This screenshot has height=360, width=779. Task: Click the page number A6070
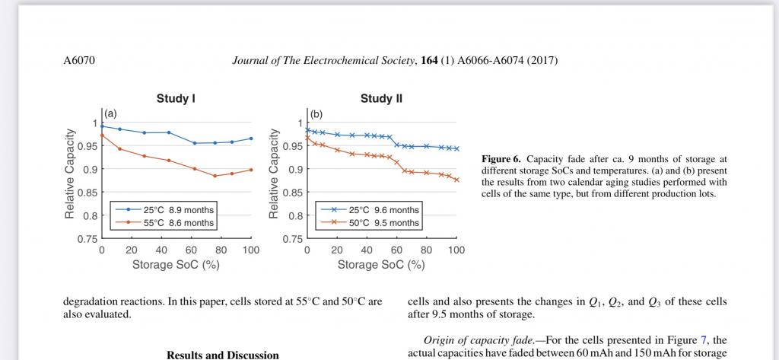(x=79, y=60)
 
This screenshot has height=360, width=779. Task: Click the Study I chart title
(x=176, y=98)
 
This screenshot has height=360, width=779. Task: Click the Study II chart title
(x=381, y=98)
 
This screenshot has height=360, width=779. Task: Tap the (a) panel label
(x=110, y=113)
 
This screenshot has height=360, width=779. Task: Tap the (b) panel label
(x=316, y=113)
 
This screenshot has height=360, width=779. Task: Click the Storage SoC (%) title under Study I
(x=176, y=265)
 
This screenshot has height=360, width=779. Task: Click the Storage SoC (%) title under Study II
(x=381, y=265)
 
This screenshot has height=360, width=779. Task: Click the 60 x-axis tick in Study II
(x=396, y=250)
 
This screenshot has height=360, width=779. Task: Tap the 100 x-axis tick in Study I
(x=251, y=250)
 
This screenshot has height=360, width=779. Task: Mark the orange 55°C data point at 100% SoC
(x=251, y=170)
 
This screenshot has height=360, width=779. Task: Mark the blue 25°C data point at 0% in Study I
(x=102, y=126)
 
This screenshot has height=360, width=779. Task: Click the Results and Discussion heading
(x=222, y=355)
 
